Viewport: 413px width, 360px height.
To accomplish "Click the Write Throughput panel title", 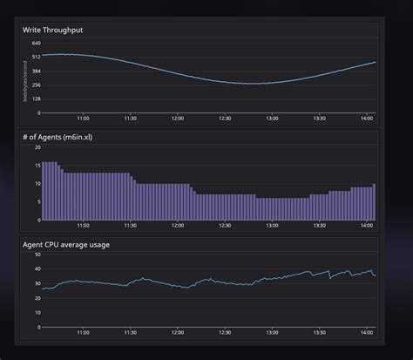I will click(x=53, y=31).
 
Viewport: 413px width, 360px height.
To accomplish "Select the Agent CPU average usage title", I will click(x=66, y=245).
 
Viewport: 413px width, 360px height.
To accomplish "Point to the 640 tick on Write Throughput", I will click(x=36, y=43).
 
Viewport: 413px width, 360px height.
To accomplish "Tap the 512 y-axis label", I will click(x=36, y=57).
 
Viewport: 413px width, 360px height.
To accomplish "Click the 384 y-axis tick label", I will click(x=36, y=71).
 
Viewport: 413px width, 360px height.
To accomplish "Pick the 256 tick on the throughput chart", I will click(x=36, y=85).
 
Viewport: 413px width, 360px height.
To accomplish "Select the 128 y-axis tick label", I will click(x=36, y=98).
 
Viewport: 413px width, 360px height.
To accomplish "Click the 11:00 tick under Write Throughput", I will click(x=83, y=119).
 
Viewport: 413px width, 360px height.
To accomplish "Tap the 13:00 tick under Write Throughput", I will click(x=272, y=119).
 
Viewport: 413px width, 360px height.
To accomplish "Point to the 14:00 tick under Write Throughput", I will click(x=366, y=119).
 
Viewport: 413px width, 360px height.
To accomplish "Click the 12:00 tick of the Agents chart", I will click(x=177, y=226).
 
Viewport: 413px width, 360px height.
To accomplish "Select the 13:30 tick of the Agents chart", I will click(x=319, y=226).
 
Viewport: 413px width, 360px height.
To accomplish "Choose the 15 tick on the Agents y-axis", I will click(x=37, y=166).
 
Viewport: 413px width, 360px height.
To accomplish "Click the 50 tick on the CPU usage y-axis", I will click(x=37, y=256).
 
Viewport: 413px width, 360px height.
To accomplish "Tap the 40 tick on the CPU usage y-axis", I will click(x=37, y=270).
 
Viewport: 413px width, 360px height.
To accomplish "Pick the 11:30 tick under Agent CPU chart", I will click(x=130, y=332).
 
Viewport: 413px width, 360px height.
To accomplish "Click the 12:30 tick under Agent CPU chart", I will click(x=225, y=332).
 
